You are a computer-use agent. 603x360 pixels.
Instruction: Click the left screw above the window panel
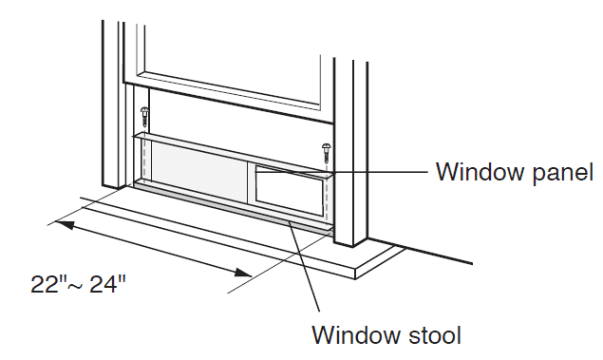tap(144, 117)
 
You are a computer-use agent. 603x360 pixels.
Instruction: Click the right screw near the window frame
tap(327, 152)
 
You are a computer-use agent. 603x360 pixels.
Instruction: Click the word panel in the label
tap(560, 172)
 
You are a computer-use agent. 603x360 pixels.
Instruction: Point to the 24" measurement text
tap(107, 284)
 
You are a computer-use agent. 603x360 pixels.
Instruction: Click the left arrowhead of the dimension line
tap(65, 224)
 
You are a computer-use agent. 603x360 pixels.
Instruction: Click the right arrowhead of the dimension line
tap(242, 273)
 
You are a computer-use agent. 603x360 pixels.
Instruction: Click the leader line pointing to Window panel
tap(342, 172)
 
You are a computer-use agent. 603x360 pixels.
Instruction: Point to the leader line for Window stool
tap(304, 265)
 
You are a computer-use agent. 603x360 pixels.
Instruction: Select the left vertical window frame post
tap(113, 104)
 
